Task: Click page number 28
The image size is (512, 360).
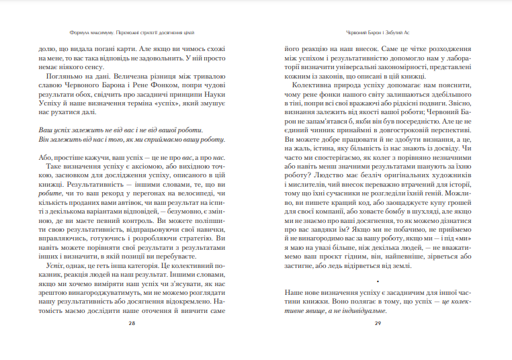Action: point(132,323)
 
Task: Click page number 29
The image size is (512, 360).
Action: point(378,323)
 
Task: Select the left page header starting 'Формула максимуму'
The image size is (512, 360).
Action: point(132,32)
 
